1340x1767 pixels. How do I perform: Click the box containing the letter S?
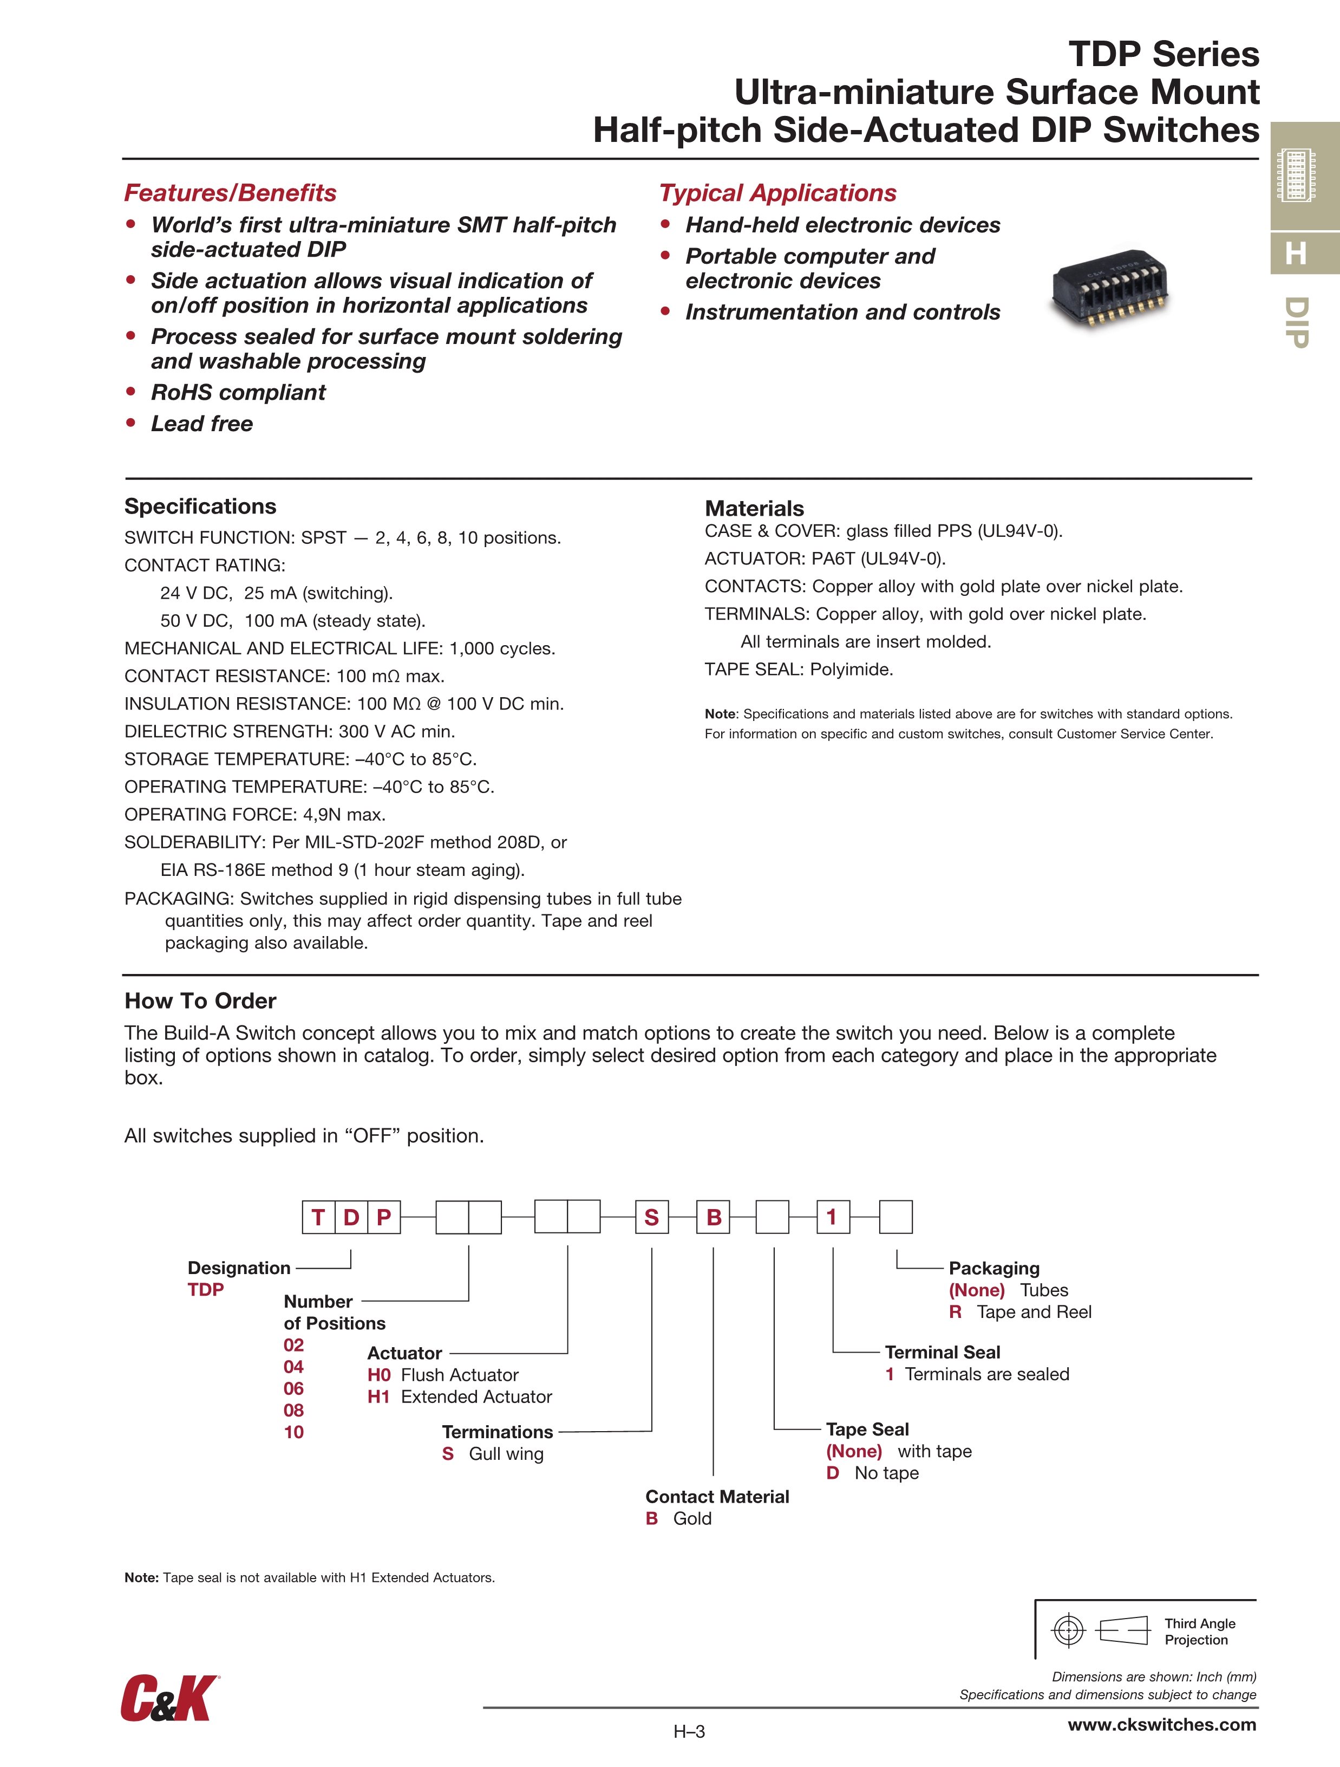point(652,1217)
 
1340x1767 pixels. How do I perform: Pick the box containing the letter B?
point(713,1217)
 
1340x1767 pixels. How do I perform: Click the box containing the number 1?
point(832,1217)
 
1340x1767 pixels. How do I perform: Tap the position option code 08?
point(294,1410)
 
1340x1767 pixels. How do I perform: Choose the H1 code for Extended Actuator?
point(378,1396)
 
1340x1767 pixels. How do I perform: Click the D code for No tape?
point(833,1472)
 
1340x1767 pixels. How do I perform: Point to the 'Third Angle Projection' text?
point(1199,1631)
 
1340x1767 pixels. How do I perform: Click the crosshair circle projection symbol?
point(1069,1630)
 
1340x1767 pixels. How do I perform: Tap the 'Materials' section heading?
point(754,508)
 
